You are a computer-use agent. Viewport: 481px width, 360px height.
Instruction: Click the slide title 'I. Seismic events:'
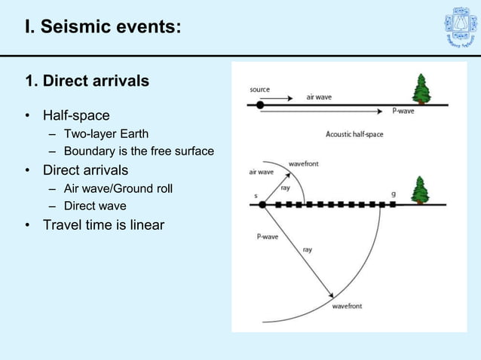click(103, 27)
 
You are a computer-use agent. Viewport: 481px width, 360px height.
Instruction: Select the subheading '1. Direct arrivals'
click(87, 81)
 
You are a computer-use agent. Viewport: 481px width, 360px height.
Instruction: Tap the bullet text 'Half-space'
click(76, 115)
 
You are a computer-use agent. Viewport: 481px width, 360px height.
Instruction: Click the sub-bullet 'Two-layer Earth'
click(106, 135)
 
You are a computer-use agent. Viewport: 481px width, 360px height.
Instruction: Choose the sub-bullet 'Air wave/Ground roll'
click(118, 188)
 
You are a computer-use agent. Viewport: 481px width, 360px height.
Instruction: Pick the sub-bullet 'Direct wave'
click(95, 206)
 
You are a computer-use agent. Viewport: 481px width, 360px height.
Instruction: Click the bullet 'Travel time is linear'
click(103, 224)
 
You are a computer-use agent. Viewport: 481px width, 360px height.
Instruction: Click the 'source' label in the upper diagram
click(260, 90)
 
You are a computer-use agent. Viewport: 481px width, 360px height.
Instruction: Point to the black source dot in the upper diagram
click(260, 105)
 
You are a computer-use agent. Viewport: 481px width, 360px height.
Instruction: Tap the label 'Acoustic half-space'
click(354, 134)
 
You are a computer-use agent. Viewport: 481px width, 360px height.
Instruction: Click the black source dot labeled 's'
click(262, 204)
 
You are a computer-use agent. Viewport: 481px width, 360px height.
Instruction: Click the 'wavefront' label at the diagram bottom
click(347, 306)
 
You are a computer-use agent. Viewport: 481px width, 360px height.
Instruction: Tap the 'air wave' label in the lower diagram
click(261, 172)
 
